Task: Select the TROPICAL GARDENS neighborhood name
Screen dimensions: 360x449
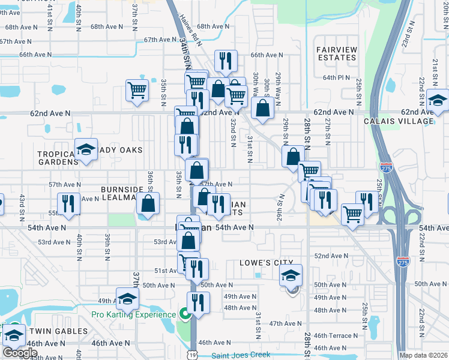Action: (x=58, y=158)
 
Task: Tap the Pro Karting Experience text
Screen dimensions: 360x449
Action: (x=133, y=314)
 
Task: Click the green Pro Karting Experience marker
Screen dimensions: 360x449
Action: (x=185, y=313)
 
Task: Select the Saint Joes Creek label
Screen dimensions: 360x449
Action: (x=241, y=355)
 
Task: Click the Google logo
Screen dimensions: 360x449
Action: (x=20, y=353)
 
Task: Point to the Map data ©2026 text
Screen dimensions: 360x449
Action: (x=423, y=355)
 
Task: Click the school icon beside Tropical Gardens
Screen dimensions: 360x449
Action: (x=86, y=149)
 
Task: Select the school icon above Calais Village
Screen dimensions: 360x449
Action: (x=438, y=101)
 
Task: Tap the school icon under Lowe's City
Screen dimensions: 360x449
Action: (x=291, y=276)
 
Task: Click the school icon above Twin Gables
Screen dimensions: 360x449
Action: (x=127, y=298)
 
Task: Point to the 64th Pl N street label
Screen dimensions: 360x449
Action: (x=336, y=77)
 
